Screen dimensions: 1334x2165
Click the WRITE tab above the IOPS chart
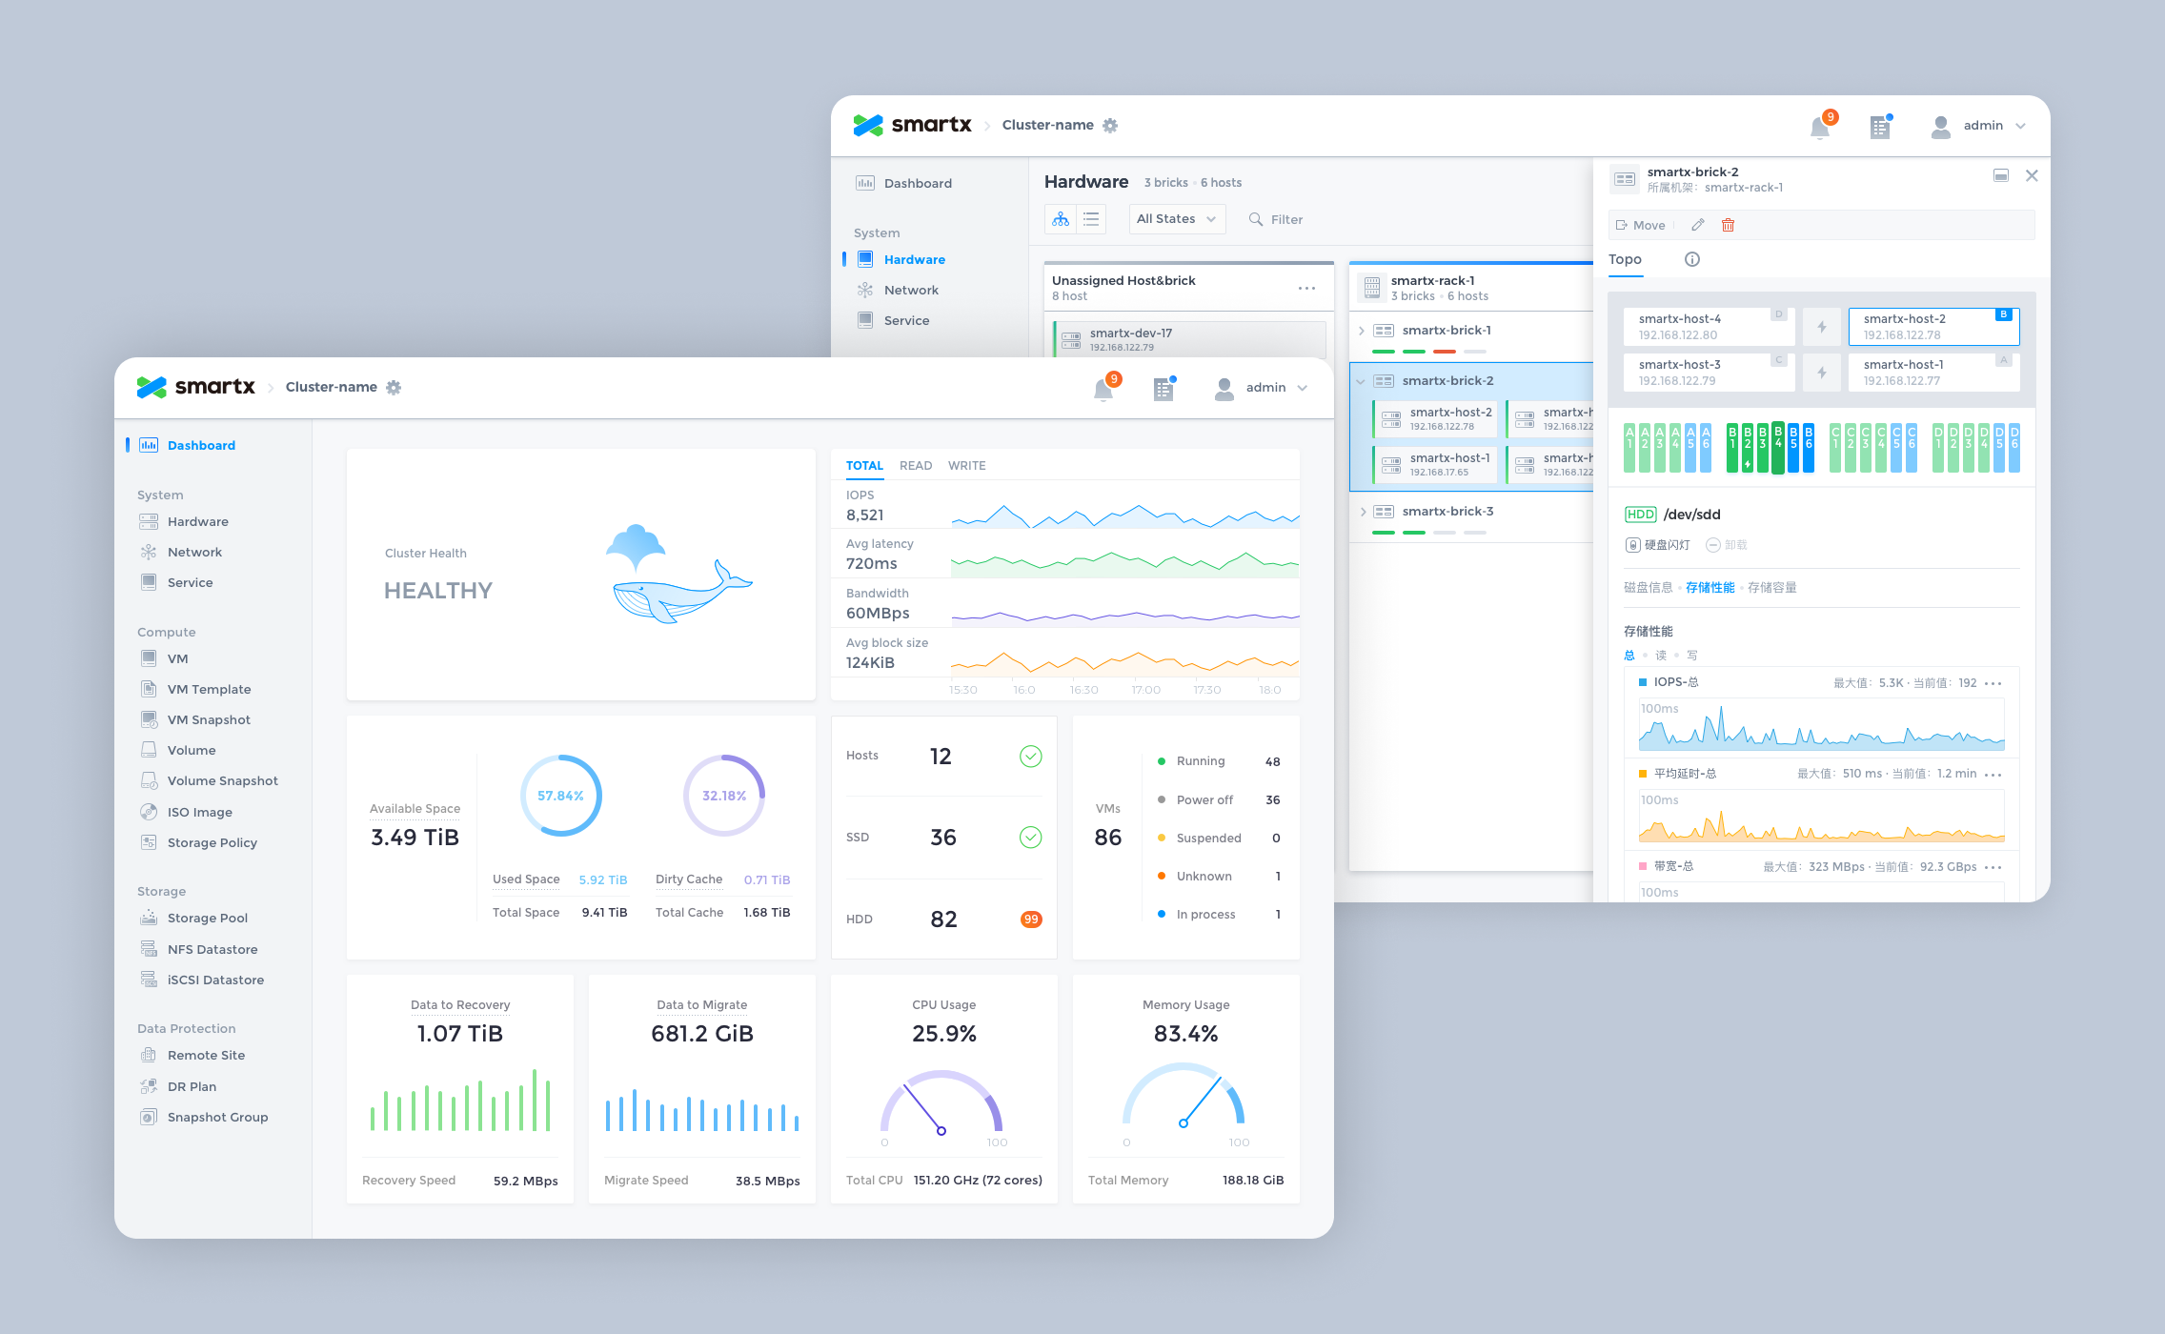click(x=966, y=466)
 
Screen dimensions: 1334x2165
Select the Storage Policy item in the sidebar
click(x=212, y=842)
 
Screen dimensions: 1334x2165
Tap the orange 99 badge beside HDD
click(x=1030, y=920)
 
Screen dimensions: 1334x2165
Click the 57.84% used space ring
click(x=560, y=796)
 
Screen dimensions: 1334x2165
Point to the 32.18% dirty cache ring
click(x=724, y=796)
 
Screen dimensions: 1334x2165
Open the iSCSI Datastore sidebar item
click(x=215, y=980)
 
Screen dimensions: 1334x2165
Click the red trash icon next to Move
click(x=1728, y=226)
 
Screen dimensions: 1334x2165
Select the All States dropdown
click(x=1176, y=219)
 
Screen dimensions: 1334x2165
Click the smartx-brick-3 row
click(x=1447, y=512)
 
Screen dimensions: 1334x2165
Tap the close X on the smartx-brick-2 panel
click(x=2032, y=175)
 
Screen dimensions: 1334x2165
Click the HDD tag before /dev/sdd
click(x=1640, y=515)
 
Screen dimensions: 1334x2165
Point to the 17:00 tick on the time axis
click(x=1145, y=690)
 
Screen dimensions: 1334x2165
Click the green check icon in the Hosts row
click(x=1030, y=757)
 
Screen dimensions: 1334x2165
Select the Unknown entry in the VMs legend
click(x=1204, y=877)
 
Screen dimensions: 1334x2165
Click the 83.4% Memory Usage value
click(x=1185, y=1034)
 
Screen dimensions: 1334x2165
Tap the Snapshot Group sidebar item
click(x=217, y=1117)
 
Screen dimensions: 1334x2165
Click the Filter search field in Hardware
click(x=1286, y=219)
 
